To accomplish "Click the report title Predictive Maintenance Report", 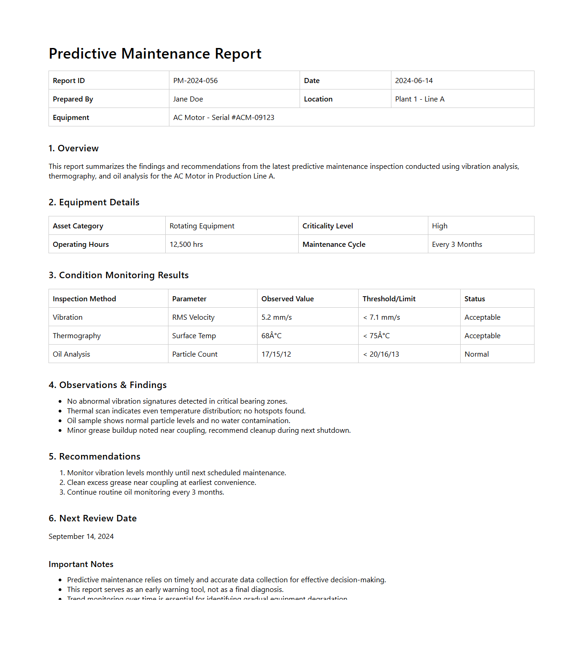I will click(x=155, y=54).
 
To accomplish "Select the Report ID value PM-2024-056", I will click(x=195, y=81).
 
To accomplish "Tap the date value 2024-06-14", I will click(x=414, y=81).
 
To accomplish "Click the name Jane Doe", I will click(x=188, y=99).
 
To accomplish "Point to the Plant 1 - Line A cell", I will click(x=420, y=99).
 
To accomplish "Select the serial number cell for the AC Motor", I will click(x=223, y=118).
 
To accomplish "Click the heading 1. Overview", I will click(x=74, y=149).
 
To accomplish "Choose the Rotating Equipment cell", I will click(x=202, y=226).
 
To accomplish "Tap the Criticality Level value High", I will click(x=439, y=226).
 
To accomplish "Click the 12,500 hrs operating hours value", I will click(x=186, y=245).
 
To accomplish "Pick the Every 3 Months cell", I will click(x=457, y=245).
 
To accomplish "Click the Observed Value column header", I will click(x=287, y=299).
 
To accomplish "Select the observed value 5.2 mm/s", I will click(x=276, y=317).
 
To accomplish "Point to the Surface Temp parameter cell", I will click(x=194, y=336).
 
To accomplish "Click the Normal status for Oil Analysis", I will click(x=476, y=354).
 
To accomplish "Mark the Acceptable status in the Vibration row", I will click(x=482, y=317).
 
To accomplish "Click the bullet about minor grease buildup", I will click(x=209, y=430).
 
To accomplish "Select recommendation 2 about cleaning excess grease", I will click(x=161, y=483).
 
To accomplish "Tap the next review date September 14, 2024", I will click(x=81, y=537).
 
